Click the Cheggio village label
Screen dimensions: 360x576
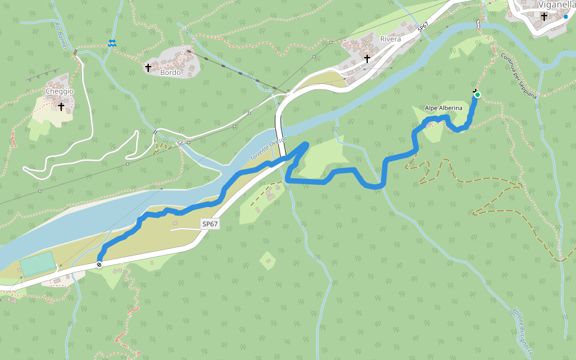59,91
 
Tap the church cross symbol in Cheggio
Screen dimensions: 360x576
61,106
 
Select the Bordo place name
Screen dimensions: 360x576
170,73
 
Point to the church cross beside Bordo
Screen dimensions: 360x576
148,68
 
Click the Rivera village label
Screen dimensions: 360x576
391,40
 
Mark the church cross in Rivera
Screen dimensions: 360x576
367,59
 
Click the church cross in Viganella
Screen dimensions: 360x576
544,17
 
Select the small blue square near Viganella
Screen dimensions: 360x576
565,17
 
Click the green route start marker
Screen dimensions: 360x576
478,95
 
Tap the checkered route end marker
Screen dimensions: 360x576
99,265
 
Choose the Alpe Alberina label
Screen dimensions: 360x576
443,108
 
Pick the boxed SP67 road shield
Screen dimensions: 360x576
209,224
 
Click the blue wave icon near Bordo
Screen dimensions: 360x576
112,43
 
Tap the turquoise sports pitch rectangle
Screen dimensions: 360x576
37,264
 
